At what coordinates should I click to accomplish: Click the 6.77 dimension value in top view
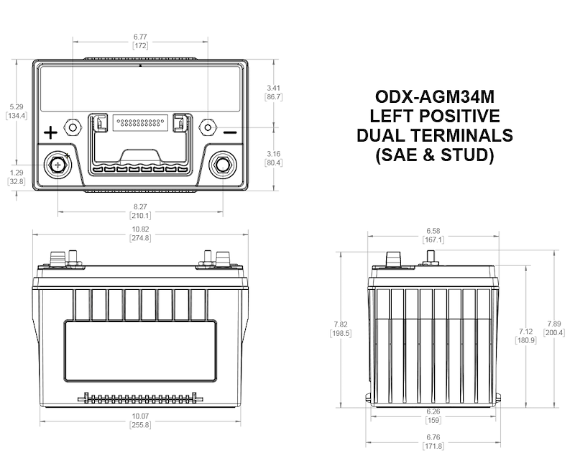point(140,36)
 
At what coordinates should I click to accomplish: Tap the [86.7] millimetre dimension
point(273,96)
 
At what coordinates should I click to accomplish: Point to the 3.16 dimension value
point(273,153)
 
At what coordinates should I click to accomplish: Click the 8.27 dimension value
point(139,206)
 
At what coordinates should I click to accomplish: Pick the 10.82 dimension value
point(139,228)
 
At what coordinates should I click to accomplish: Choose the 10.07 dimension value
point(139,417)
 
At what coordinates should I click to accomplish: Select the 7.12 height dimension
point(525,330)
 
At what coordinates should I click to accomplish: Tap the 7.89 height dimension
point(554,323)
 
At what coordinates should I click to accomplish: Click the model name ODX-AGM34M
point(435,96)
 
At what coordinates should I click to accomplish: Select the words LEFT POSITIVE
point(435,116)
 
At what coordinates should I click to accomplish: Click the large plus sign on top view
point(50,132)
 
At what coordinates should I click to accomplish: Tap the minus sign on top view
point(229,132)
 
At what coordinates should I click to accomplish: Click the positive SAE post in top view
point(57,165)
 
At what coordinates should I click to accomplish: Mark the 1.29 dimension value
point(16,173)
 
